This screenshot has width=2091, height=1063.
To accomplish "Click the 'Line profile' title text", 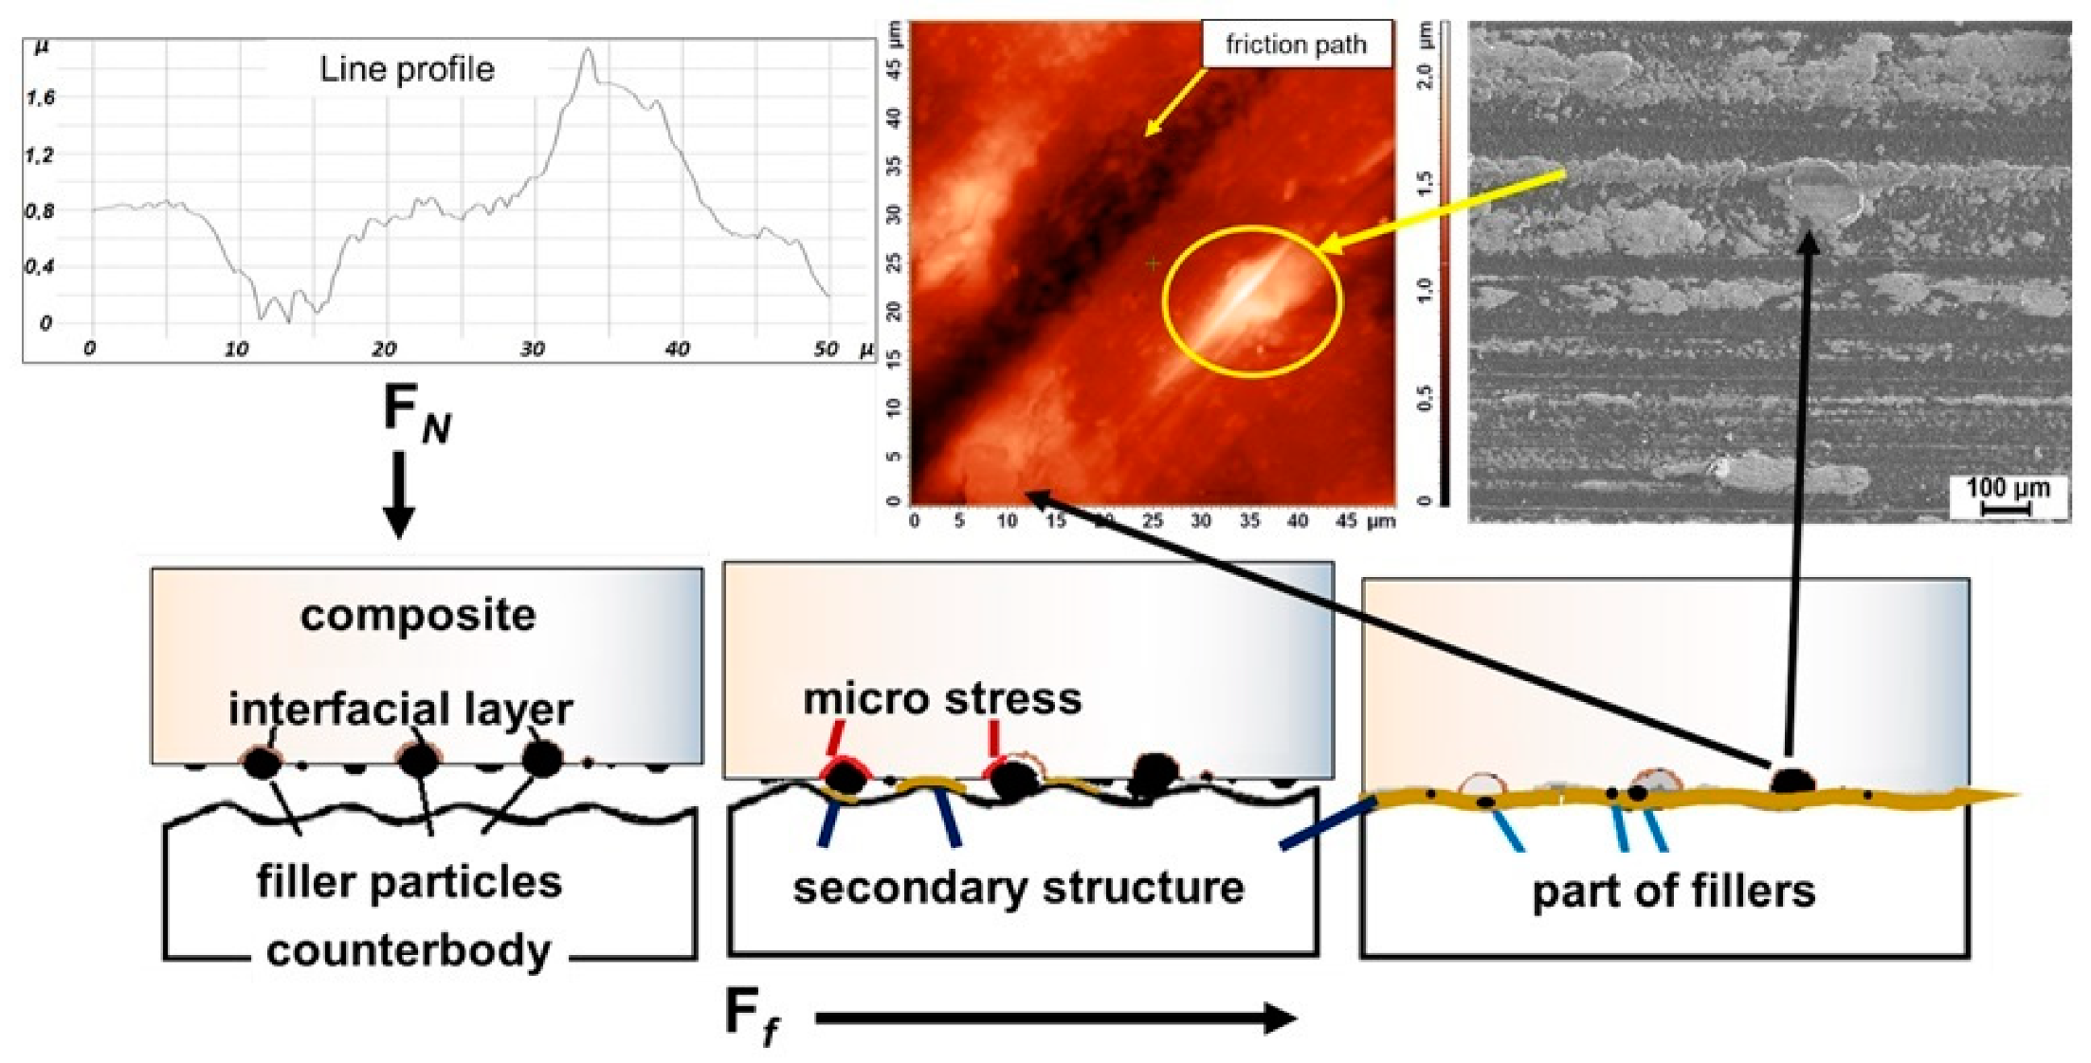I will tap(407, 69).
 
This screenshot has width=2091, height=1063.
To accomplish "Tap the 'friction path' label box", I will tap(1296, 45).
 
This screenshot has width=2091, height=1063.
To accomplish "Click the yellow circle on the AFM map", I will tap(1252, 301).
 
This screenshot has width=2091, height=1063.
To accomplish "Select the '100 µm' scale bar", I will tap(2008, 495).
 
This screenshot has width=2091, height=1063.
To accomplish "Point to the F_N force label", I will tap(415, 414).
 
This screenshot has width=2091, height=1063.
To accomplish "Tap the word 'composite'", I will tap(418, 616).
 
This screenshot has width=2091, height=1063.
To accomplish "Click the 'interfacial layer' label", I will tap(401, 709).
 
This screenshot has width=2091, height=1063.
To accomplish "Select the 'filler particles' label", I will tap(409, 881).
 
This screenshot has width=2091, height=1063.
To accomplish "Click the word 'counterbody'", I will tap(409, 950).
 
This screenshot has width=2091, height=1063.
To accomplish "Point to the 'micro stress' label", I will tap(942, 699).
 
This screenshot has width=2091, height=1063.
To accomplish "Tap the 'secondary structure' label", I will tap(1019, 888).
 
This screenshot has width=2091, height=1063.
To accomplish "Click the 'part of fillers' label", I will tap(1674, 892).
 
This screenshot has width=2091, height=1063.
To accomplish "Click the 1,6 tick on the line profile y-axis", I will tap(40, 98).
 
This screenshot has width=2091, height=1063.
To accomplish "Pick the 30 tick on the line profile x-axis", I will tap(532, 350).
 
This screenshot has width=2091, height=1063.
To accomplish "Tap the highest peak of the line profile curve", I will tap(588, 50).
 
